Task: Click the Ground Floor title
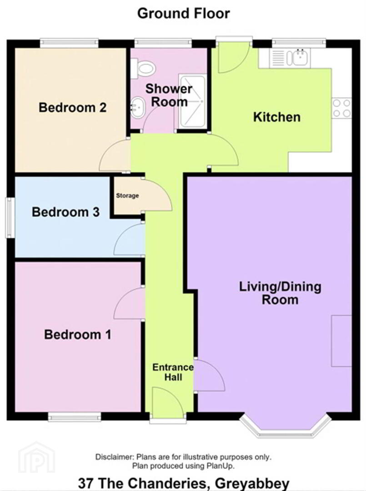tap(184, 14)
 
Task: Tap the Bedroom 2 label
tap(73, 107)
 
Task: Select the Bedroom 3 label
tap(66, 212)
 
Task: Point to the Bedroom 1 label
tap(78, 335)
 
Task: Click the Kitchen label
tap(277, 117)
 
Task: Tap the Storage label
tap(127, 195)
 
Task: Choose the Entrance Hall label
tap(173, 372)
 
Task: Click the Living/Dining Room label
tap(280, 293)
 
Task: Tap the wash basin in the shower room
tap(137, 107)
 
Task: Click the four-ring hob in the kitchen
tap(341, 108)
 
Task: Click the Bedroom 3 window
tap(10, 218)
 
